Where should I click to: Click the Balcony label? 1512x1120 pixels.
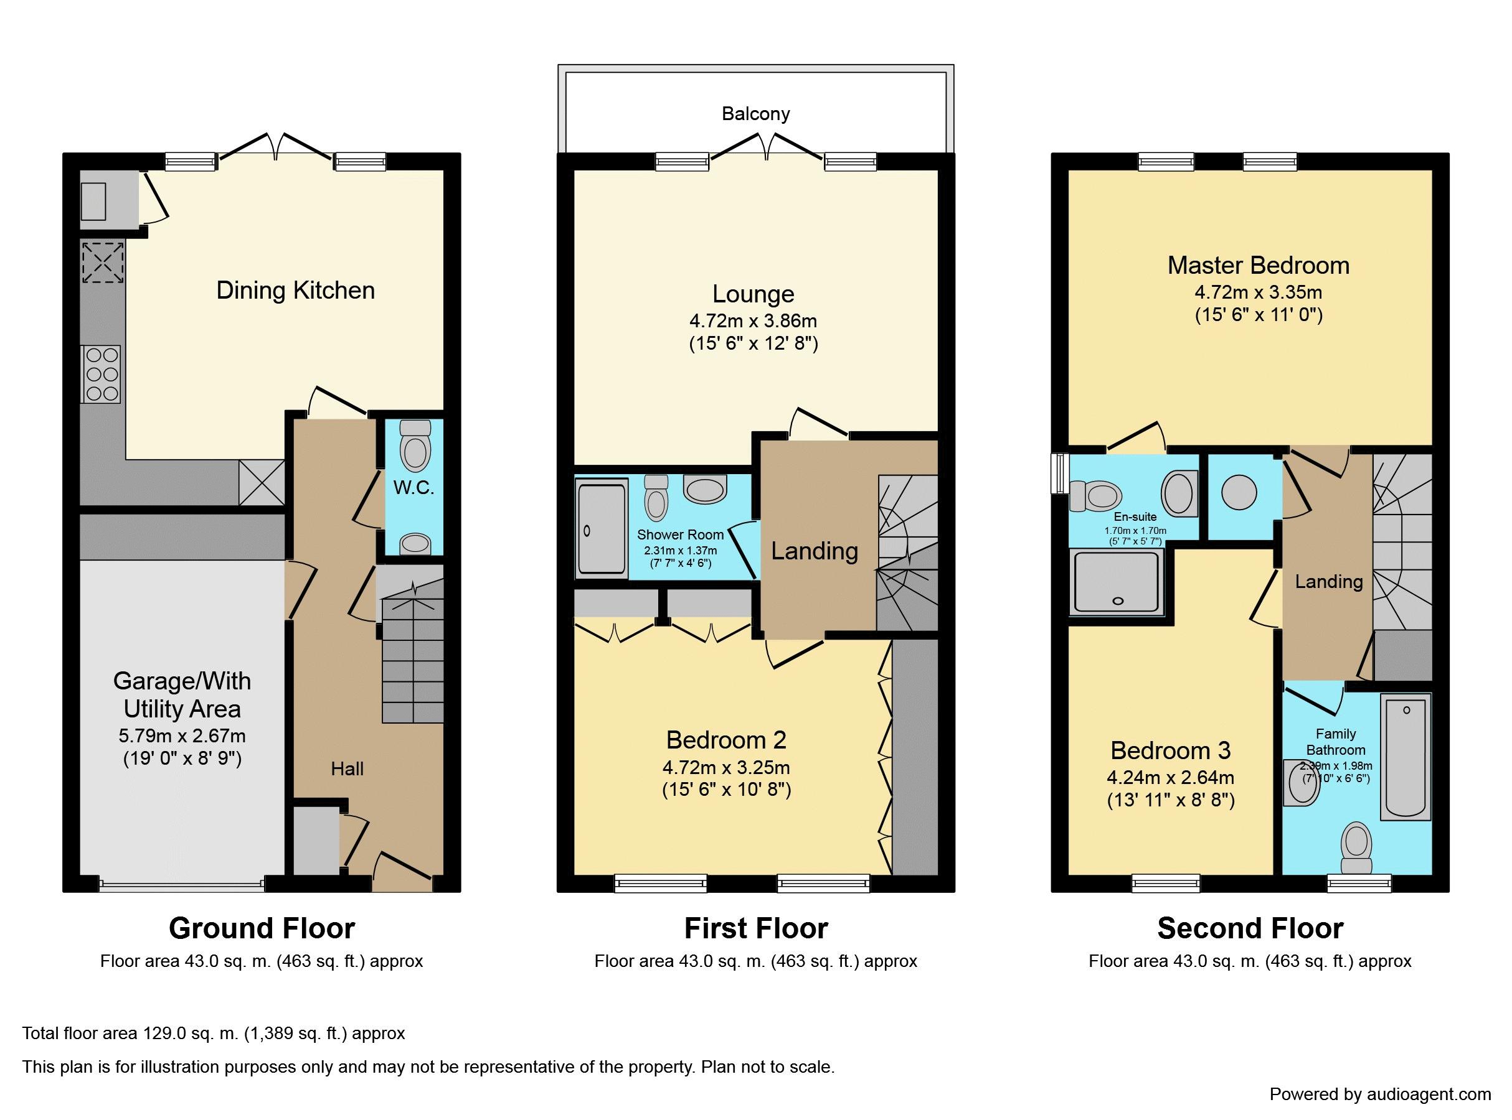[755, 113]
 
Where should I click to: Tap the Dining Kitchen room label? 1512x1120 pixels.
[295, 290]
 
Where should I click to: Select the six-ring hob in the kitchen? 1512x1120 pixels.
[101, 374]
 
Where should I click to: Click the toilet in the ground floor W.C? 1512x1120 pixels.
[415, 445]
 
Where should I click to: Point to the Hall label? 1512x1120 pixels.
[347, 769]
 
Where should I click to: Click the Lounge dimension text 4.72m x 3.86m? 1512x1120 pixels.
[753, 320]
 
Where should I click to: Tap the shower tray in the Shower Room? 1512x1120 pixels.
[601, 530]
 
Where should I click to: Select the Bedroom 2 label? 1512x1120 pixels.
[726, 740]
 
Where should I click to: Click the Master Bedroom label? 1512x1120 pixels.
[1259, 265]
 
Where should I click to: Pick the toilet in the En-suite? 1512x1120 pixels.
[1094, 495]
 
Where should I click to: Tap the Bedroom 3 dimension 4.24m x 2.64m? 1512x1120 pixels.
[1170, 778]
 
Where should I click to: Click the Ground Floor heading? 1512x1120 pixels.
[262, 928]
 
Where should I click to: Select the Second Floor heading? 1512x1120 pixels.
[1250, 928]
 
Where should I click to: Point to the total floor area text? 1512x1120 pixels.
[214, 1034]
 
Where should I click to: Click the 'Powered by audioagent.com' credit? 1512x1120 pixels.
[1381, 1095]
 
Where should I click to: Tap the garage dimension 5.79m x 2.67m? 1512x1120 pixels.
[182, 735]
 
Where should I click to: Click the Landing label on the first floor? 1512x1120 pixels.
[814, 551]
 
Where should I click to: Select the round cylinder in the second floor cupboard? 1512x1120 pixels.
[1239, 493]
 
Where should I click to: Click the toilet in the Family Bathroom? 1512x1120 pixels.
[1356, 848]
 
